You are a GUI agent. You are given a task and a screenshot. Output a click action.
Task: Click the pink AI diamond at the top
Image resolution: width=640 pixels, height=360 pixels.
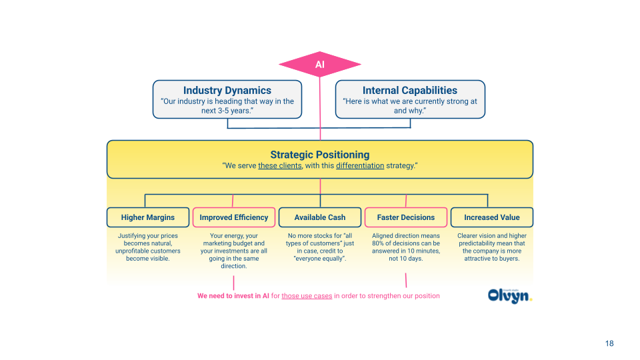click(320, 65)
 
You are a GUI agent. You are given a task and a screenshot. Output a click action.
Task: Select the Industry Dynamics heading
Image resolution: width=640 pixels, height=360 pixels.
click(227, 90)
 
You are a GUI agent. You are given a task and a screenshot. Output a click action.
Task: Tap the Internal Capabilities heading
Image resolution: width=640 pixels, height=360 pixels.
click(409, 90)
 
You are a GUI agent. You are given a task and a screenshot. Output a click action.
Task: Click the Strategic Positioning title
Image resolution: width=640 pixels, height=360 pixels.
click(319, 154)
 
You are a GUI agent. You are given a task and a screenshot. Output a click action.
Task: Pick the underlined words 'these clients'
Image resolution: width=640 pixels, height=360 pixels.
click(280, 166)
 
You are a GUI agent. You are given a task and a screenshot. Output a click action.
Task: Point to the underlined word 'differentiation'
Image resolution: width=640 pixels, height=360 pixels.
click(359, 166)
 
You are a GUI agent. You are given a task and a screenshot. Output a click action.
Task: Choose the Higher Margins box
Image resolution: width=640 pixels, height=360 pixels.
click(147, 217)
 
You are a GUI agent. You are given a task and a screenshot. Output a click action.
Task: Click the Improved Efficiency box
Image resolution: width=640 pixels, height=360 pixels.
click(233, 217)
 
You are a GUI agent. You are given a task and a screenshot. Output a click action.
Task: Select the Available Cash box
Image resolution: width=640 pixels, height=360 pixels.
click(320, 217)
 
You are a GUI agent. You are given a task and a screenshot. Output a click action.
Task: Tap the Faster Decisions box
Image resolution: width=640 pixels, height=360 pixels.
click(405, 217)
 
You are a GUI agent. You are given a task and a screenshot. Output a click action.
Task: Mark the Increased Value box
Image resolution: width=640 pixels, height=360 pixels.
click(492, 217)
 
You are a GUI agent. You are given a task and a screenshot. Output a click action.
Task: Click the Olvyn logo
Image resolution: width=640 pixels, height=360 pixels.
click(510, 295)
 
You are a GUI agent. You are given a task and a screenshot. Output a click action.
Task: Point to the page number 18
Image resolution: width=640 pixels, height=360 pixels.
click(609, 343)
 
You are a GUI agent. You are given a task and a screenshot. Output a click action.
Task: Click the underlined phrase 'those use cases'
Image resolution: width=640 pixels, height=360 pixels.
click(307, 295)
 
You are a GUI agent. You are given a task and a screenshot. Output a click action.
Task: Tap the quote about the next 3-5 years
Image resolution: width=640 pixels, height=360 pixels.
click(227, 106)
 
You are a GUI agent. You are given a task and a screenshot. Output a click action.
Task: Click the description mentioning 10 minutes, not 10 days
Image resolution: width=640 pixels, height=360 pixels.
click(405, 247)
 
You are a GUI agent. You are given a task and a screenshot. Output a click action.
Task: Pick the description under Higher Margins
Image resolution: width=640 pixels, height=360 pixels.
click(147, 247)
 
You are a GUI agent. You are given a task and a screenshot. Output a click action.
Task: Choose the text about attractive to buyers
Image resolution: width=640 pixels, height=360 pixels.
click(492, 247)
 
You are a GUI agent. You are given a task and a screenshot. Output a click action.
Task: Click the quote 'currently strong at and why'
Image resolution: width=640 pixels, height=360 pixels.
click(409, 106)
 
